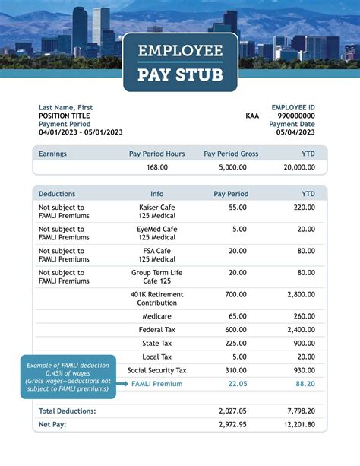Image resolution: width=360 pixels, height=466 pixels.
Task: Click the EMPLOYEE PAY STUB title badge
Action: point(180,62)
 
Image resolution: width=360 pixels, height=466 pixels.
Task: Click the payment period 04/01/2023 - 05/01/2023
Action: point(81,132)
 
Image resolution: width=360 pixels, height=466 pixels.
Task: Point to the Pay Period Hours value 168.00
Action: point(157,167)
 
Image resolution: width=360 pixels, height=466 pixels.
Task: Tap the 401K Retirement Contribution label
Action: point(157,298)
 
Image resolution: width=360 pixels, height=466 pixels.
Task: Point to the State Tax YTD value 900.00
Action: point(305,343)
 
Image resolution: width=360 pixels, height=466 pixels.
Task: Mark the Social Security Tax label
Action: point(157,370)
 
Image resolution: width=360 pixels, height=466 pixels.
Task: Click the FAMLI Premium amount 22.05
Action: point(238,384)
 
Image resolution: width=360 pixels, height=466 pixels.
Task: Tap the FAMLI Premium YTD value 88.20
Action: point(305,384)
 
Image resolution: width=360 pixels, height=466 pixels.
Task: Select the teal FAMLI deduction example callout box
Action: point(68,376)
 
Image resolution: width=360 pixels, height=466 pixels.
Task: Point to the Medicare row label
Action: point(157,316)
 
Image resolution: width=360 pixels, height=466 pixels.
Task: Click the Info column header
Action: point(157,194)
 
